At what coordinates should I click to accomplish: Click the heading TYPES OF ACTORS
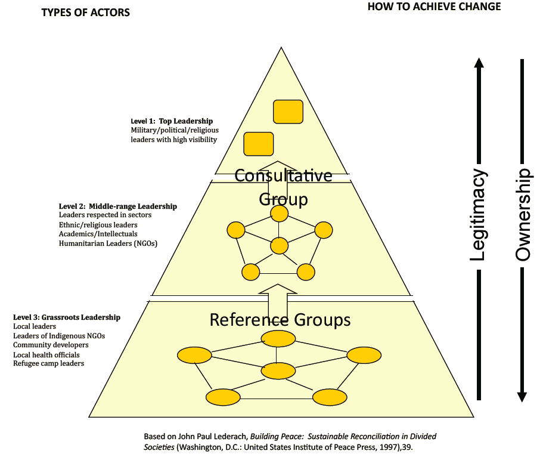coord(85,13)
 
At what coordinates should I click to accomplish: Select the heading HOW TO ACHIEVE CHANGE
coord(434,7)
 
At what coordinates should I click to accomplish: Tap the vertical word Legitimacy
coord(478,215)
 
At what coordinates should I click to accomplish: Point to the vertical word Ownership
coord(523,215)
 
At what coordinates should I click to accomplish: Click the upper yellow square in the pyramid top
coord(288,112)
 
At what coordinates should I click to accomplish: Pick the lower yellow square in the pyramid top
coord(259,144)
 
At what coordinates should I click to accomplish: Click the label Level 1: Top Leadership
coord(172,121)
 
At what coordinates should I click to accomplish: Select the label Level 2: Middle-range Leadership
coord(117,206)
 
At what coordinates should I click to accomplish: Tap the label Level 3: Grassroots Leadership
coord(67,317)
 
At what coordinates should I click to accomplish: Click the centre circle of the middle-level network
coord(279,245)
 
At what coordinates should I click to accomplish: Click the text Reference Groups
coord(280,320)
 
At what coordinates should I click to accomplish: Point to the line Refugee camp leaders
coord(48,363)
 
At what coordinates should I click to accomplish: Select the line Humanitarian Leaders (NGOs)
coord(108,243)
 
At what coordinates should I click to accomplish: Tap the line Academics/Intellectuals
coord(98,234)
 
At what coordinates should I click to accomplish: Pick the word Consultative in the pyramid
coord(283,175)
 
